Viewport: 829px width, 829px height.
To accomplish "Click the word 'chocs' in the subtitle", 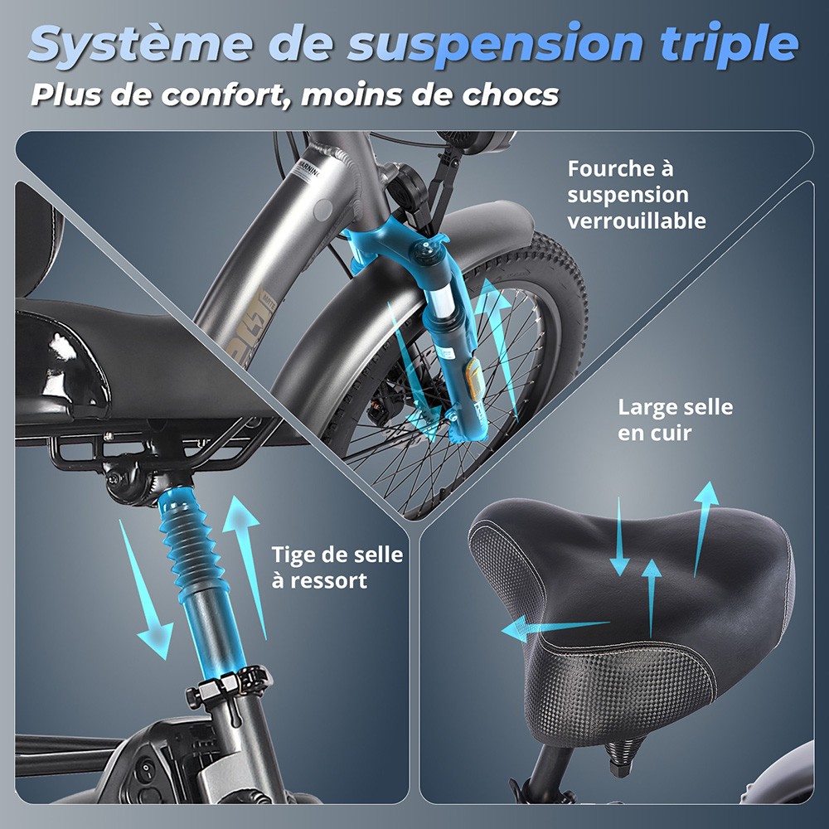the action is (510, 95).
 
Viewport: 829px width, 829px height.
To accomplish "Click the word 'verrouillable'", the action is (637, 221).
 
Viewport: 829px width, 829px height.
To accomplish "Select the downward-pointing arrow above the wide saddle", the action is (619, 536).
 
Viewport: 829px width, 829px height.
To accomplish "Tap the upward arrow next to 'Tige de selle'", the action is (246, 565).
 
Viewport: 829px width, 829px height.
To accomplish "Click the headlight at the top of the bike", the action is (476, 142).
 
